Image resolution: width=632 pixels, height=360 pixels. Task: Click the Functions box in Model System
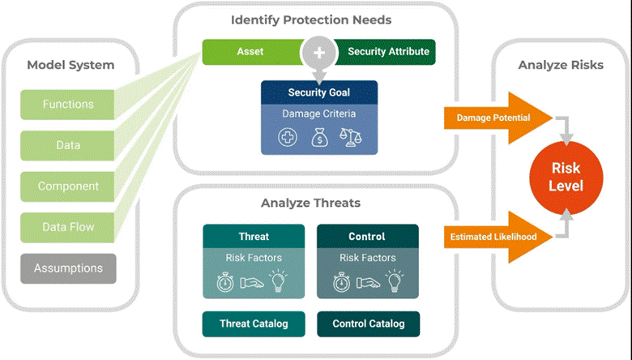68,105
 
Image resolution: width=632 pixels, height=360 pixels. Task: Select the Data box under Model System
68,145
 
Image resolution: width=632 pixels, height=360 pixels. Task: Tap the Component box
68,186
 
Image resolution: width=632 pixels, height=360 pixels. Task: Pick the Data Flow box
68,227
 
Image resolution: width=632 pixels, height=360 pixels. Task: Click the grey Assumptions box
68,268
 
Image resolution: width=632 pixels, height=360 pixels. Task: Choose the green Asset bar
250,52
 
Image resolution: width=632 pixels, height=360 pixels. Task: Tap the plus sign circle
318,52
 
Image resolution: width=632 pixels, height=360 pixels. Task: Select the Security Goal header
318,92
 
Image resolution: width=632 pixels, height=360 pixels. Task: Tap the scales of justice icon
351,137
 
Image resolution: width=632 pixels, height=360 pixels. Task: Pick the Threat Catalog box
254,324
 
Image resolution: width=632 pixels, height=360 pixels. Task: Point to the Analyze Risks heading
561,65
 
